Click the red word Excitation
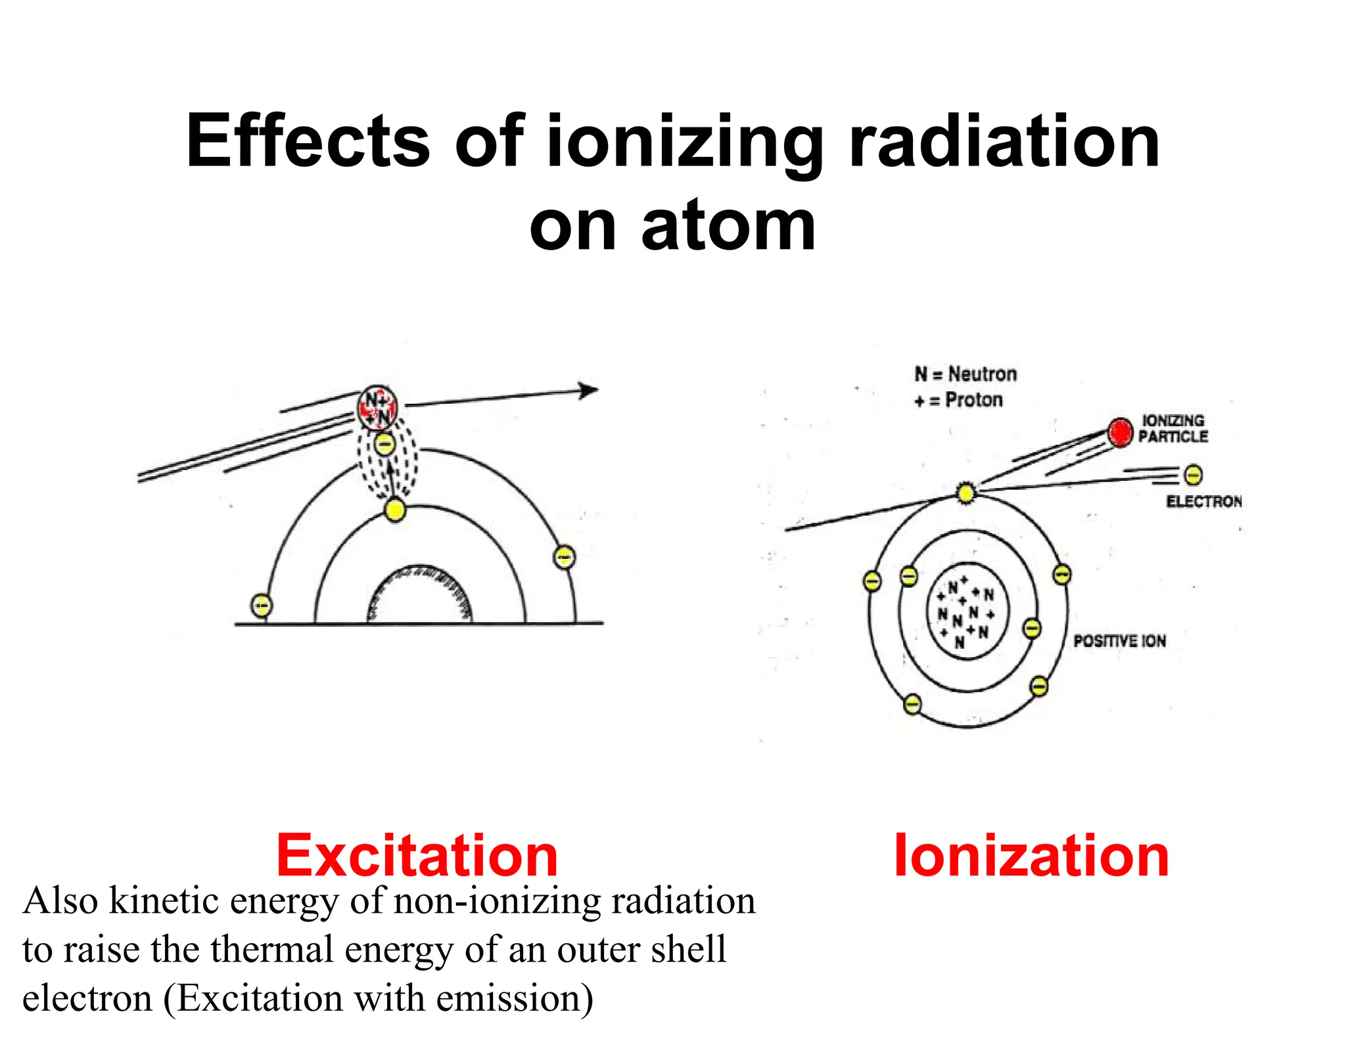point(417,856)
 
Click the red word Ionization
point(1031,856)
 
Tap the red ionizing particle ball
point(1120,432)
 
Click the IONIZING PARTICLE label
point(1173,428)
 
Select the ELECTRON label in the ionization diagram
point(1204,502)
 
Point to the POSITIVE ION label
point(1120,641)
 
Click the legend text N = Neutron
point(965,374)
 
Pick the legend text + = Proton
point(959,400)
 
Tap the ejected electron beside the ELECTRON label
point(1193,474)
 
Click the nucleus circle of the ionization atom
point(965,611)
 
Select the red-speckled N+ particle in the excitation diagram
point(378,407)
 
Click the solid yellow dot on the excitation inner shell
point(395,510)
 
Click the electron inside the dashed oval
point(386,444)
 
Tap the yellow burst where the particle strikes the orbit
point(965,493)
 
